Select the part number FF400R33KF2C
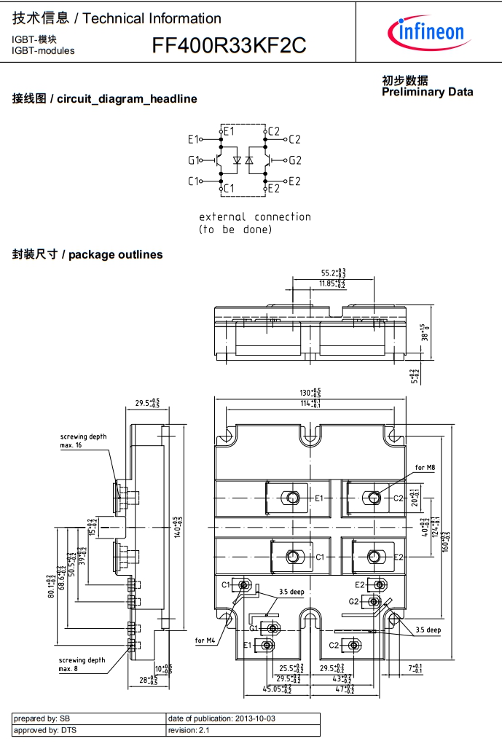(x=229, y=46)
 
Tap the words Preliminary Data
(x=427, y=92)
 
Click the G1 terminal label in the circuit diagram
(x=193, y=160)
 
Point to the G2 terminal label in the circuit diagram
(x=294, y=160)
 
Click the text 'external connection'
(x=254, y=216)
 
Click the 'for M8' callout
(x=425, y=467)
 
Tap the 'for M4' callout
(x=205, y=641)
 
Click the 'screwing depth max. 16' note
(x=83, y=440)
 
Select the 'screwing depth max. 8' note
(x=82, y=664)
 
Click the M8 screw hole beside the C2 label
(x=374, y=498)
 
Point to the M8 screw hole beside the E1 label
(x=293, y=498)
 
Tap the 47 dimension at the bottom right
(x=343, y=688)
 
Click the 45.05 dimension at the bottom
(x=277, y=688)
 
